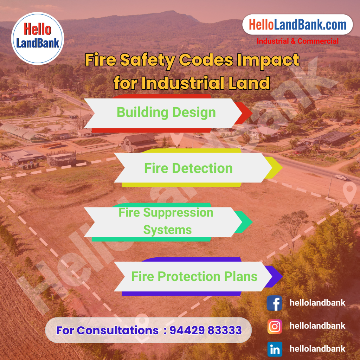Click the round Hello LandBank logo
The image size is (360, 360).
point(37,38)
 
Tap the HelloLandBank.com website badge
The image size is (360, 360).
point(297,25)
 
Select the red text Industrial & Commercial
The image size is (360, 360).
point(297,41)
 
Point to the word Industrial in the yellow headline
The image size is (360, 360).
point(183,83)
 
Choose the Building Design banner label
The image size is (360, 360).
point(166,112)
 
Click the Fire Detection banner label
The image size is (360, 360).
point(188,168)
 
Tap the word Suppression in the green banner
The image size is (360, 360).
point(178,213)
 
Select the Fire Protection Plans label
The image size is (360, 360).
point(194,276)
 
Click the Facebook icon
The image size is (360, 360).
point(274,303)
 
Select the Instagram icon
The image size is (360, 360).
point(275,326)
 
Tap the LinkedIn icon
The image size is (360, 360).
point(275,349)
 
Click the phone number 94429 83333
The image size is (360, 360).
point(205,330)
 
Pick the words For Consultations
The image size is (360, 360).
point(107,330)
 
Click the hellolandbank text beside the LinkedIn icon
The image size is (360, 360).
point(317,348)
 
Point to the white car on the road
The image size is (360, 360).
point(341,177)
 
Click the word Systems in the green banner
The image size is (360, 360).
point(167,230)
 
